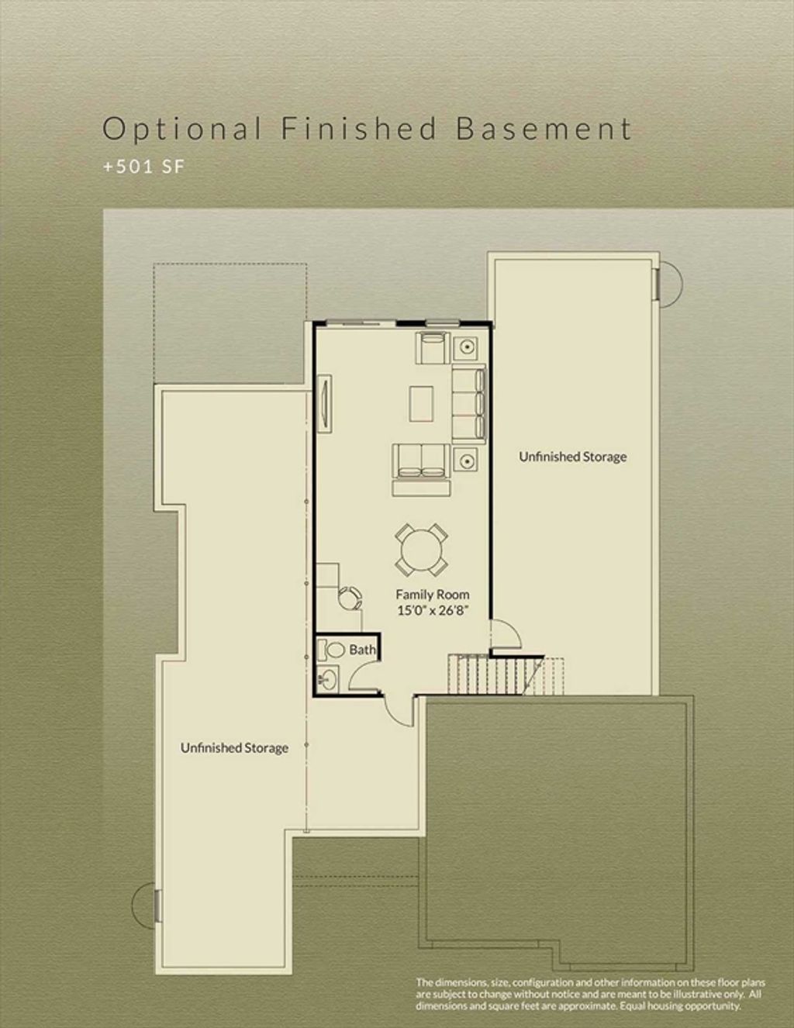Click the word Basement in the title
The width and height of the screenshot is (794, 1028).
tap(544, 129)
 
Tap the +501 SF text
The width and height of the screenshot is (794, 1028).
tap(144, 167)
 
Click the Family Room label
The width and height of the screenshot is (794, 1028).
tap(433, 595)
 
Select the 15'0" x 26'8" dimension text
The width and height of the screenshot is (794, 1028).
tap(433, 611)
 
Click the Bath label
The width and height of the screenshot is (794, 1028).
tap(362, 650)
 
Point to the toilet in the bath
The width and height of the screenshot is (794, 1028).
tap(331, 649)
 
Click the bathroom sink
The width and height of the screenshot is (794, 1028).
tap(327, 679)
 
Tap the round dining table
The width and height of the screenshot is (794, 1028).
tap(422, 550)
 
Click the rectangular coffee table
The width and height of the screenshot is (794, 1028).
tap(422, 404)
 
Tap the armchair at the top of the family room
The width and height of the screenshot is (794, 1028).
tap(433, 348)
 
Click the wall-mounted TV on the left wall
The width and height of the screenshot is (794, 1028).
tap(325, 404)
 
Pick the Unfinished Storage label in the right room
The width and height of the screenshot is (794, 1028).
tap(573, 457)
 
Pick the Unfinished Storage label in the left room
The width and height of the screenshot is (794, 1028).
tap(235, 748)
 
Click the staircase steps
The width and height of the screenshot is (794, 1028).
tap(506, 675)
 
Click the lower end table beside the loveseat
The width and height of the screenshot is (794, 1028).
tap(466, 460)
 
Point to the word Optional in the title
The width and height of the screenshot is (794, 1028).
tap(182, 129)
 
